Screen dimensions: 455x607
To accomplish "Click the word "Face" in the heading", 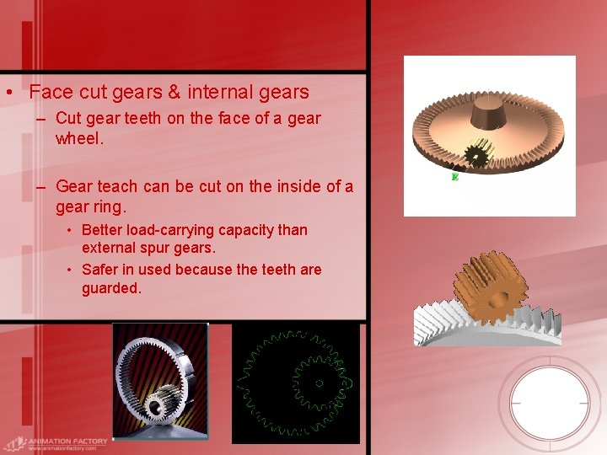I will (51, 92).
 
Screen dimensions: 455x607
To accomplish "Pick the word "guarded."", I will (112, 288).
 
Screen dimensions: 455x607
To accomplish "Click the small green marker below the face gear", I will (454, 177).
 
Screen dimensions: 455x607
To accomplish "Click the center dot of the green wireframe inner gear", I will (320, 383).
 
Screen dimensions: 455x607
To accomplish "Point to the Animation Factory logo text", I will (67, 442).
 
